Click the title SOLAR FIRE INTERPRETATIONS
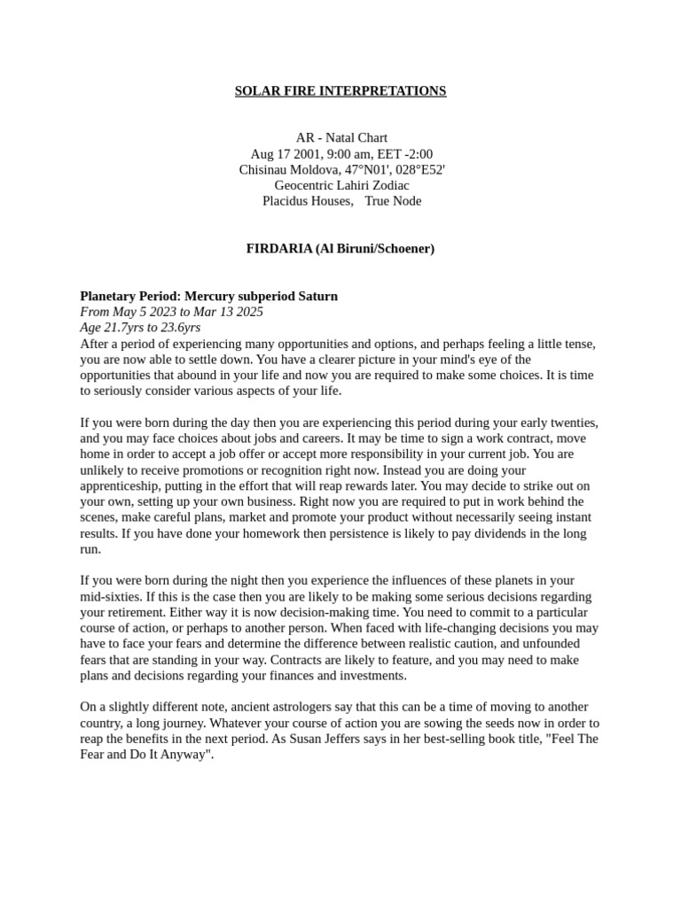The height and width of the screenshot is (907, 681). [x=340, y=91]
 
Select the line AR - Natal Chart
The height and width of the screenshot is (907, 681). [x=341, y=138]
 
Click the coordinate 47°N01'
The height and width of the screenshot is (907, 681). [x=364, y=170]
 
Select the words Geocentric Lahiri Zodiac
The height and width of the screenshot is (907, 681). [x=341, y=185]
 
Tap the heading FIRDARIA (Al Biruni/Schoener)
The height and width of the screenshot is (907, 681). [x=340, y=249]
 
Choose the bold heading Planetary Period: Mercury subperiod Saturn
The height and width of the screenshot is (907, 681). [x=208, y=296]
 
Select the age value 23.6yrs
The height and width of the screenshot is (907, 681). [x=180, y=328]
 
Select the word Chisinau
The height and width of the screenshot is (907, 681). [x=266, y=170]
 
